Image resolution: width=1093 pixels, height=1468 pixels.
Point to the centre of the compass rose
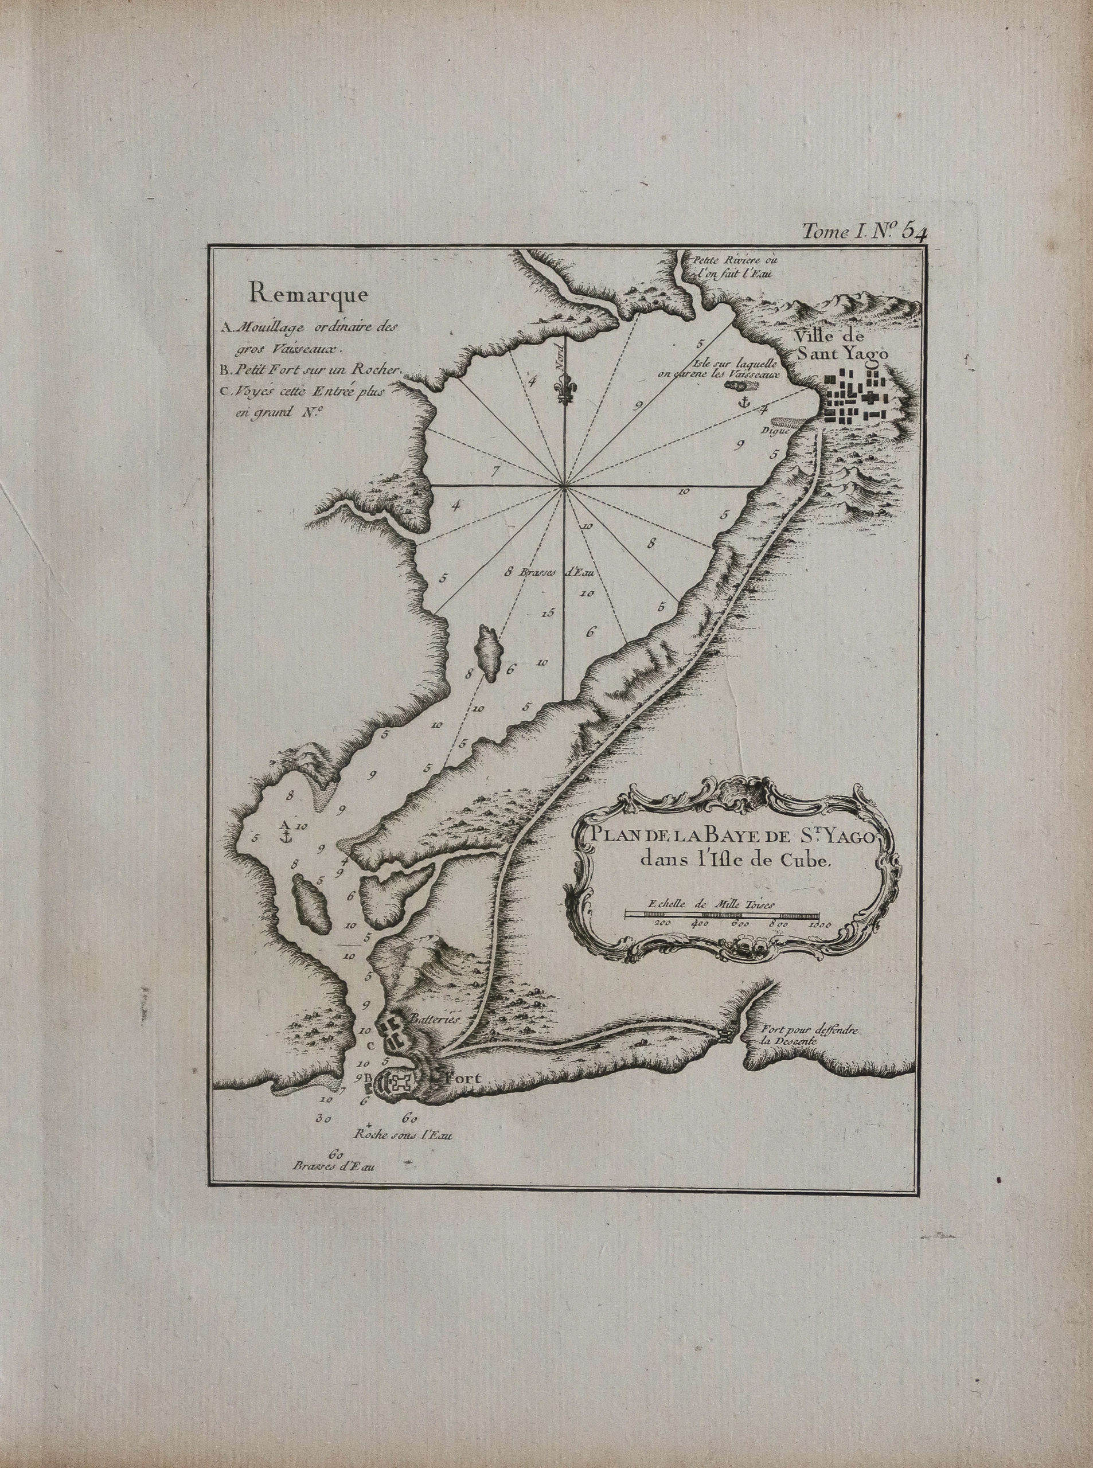pos(564,487)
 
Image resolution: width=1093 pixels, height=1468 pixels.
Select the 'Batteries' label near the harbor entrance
pos(434,1038)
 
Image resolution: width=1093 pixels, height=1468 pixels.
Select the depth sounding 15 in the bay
pos(546,612)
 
